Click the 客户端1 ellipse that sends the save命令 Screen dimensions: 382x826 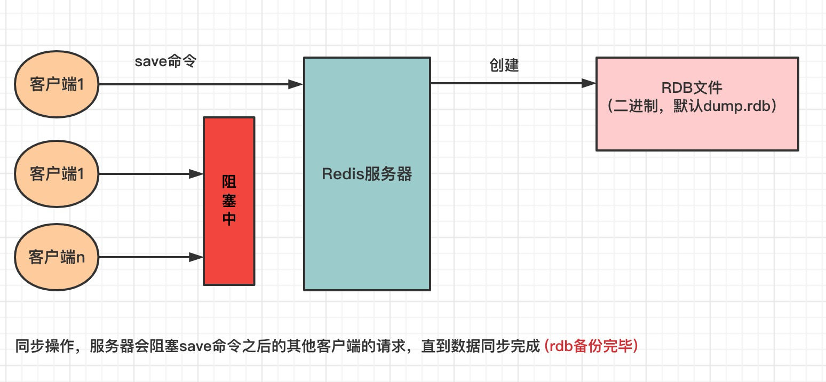coord(57,84)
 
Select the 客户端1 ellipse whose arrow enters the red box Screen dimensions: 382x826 coord(57,174)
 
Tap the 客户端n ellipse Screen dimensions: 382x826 coord(57,258)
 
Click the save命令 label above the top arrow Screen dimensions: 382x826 coord(165,61)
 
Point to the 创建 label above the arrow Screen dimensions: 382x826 coord(504,66)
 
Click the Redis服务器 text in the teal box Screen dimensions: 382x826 coord(367,174)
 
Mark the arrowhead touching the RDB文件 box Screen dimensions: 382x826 coord(589,83)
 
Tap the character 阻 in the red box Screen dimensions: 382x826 coord(229,182)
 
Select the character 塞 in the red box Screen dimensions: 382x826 coord(229,201)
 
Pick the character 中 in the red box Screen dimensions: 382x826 coord(229,219)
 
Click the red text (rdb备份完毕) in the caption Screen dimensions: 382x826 coord(591,346)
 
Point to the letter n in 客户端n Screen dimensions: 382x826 coord(81,258)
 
